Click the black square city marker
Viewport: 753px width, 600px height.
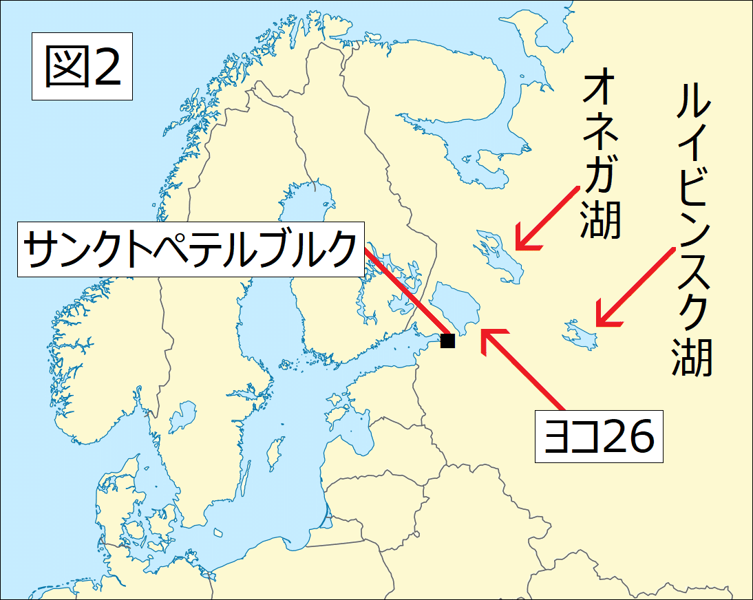click(x=447, y=341)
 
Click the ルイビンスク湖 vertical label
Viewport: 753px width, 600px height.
click(x=692, y=231)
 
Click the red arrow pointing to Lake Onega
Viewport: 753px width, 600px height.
click(x=548, y=217)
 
